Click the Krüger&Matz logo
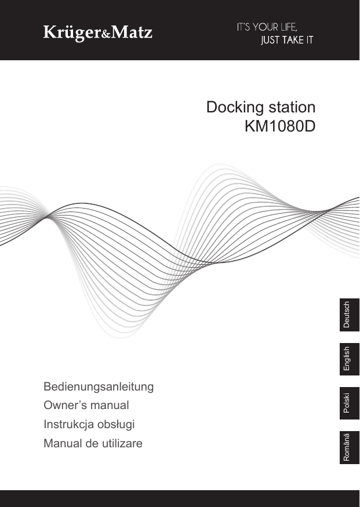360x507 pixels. [x=98, y=32]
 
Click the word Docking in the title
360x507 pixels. [x=234, y=108]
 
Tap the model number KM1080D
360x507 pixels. [x=280, y=126]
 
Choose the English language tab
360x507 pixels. [x=347, y=359]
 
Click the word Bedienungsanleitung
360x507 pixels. [x=99, y=386]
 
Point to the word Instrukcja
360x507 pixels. [x=68, y=425]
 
